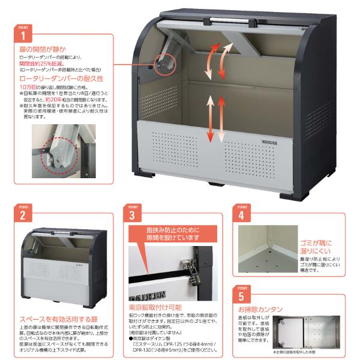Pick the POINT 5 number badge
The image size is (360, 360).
tap(241, 296)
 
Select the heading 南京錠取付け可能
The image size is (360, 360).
tap(155, 307)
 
